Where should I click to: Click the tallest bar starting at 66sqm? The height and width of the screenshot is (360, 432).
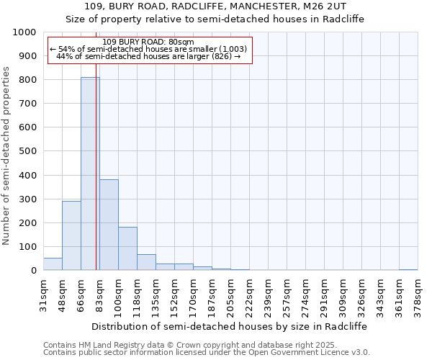point(90,174)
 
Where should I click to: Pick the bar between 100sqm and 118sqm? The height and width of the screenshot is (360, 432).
point(127,248)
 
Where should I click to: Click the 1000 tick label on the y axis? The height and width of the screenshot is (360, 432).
point(24,32)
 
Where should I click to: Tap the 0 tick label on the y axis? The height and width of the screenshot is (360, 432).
point(33,271)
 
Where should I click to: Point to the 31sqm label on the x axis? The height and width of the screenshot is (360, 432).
point(43,293)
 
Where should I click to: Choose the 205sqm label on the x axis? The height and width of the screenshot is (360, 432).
point(230,293)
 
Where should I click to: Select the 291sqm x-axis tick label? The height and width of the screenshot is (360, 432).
point(324,293)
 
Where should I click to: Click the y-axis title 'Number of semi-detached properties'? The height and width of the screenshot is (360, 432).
point(6,156)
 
